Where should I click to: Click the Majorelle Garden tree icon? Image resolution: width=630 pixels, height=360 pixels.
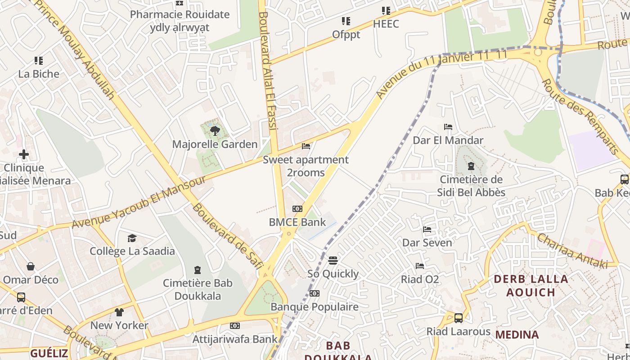coord(215,131)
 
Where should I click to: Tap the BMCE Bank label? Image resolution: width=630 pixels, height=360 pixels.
coord(297,222)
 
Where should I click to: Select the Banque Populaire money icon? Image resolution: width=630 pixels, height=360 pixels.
coord(315,293)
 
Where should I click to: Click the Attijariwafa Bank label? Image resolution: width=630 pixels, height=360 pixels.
coord(235,339)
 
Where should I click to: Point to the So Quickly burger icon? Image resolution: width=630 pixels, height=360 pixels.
coord(333,260)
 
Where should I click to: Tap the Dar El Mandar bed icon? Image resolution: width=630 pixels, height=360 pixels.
coord(448,127)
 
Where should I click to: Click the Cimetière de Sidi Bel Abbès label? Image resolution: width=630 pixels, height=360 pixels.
coord(471,186)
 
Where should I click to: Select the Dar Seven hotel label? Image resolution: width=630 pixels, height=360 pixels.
coord(427,243)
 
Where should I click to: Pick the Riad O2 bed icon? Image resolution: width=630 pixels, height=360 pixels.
coord(420,266)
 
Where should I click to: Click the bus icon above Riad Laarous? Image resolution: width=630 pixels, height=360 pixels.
coord(459,318)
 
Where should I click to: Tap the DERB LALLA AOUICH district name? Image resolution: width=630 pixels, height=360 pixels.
coord(531,286)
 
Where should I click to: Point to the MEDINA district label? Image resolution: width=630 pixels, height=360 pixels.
coord(517,335)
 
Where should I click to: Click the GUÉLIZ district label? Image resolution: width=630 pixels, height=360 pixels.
coord(49,353)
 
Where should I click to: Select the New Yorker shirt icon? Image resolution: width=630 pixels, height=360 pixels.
coord(119,312)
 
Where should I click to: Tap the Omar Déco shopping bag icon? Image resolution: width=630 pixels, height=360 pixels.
coord(31,266)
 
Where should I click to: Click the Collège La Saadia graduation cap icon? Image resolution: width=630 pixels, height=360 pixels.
coord(132,238)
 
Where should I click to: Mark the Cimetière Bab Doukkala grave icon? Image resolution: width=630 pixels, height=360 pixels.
coord(197,270)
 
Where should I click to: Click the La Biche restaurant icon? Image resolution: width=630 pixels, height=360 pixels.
coord(39,60)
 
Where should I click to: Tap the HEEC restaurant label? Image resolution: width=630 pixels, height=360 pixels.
coord(386,24)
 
